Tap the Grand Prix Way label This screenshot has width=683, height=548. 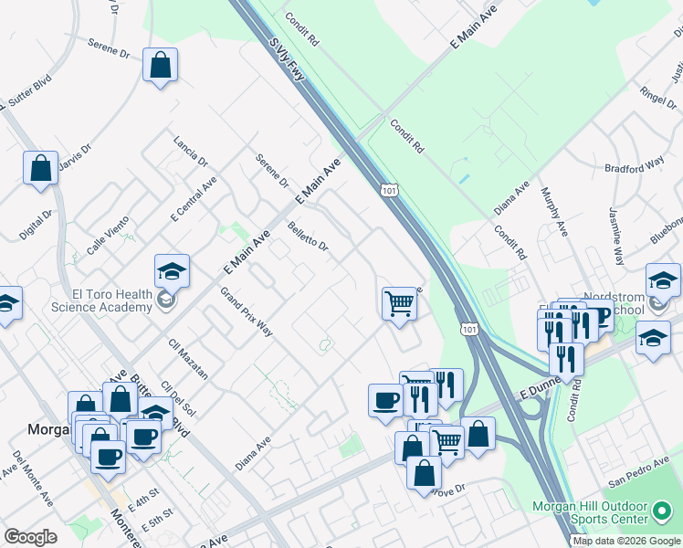coord(247,311)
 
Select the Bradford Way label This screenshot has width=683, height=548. coord(634,165)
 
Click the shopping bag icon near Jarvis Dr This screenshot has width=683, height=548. coord(41,168)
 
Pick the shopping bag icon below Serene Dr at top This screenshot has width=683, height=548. coord(161,65)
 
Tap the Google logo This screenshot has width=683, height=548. coord(31,537)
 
